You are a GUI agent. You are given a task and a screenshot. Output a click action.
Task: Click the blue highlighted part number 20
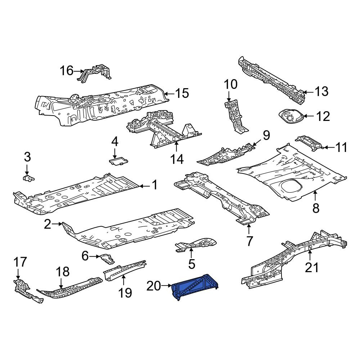(195, 287)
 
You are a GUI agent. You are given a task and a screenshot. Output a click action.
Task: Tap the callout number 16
(66, 71)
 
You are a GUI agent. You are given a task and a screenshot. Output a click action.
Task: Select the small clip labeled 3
(28, 178)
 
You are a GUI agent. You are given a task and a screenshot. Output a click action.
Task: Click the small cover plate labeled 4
(118, 161)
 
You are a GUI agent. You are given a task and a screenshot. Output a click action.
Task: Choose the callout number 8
(316, 208)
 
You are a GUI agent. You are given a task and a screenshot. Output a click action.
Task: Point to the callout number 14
(177, 159)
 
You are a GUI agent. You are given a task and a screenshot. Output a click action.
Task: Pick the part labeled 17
(28, 291)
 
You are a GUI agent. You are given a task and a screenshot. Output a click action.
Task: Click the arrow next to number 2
(57, 224)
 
